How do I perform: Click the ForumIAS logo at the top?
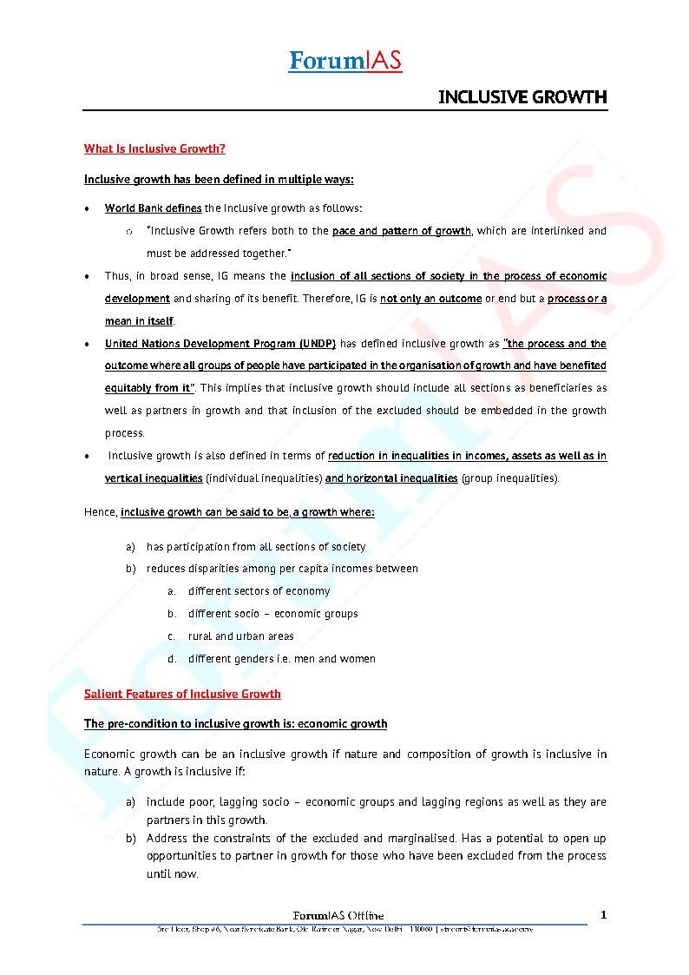point(344,61)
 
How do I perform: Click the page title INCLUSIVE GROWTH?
point(522,96)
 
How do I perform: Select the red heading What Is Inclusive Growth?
point(154,148)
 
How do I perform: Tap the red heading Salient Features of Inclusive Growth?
point(182,694)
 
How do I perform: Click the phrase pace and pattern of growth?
point(401,231)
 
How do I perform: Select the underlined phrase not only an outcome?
point(430,299)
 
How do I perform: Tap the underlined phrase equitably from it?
point(148,388)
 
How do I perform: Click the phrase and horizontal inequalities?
point(391,478)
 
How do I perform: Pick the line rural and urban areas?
point(241,636)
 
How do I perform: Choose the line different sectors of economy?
point(259,591)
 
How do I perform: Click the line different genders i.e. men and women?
point(282,659)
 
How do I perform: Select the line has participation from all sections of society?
point(256,547)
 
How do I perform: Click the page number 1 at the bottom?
point(603,914)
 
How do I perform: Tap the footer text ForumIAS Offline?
point(338,915)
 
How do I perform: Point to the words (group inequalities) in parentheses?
point(510,478)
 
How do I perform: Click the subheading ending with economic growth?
point(235,723)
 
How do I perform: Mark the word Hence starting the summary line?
point(100,512)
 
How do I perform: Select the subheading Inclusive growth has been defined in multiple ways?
point(219,179)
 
